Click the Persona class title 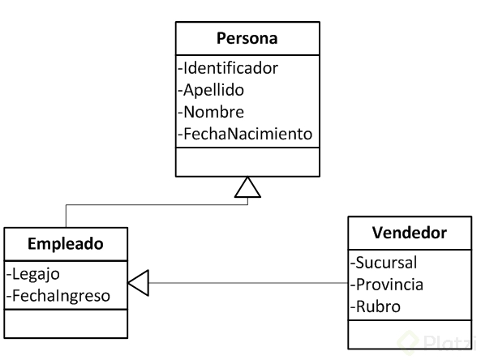247,39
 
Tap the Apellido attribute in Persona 213,90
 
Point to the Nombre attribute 213,111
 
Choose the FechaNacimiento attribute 246,132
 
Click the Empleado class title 66,243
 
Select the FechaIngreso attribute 58,295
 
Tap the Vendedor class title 410,234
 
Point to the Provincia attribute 387,285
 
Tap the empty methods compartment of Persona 247,161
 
